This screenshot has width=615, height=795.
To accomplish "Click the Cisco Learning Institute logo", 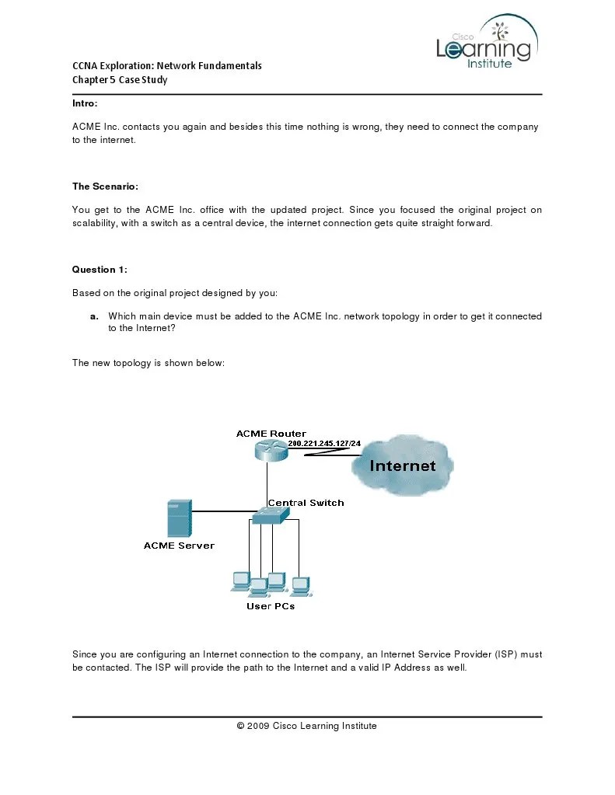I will pos(486,45).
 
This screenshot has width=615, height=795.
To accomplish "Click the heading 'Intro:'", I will pos(85,103).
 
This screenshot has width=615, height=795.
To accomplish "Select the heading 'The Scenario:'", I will pos(105,187).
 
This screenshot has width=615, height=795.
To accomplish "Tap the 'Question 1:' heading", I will pos(100,270).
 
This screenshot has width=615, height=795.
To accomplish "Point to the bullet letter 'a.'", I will pos(94,316).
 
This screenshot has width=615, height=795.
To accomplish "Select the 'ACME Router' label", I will pos(271,434).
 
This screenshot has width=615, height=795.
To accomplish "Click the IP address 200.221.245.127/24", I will pos(324,443).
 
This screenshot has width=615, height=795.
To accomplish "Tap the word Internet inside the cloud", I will pos(402,466).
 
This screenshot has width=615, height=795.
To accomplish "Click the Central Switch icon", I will pos(271,516).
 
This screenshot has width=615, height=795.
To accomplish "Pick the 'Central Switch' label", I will pos(306,503).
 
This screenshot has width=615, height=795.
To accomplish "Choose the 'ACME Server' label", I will pos(179,546).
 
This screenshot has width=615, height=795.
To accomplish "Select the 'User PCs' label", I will pos(271,606).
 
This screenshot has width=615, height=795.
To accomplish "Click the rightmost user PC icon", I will pos(300,585).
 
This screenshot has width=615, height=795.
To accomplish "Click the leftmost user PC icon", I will pos(240,581).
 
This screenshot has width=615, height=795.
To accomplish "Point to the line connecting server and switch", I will pos(222,511).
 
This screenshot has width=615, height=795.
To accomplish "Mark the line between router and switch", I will pos(267,482).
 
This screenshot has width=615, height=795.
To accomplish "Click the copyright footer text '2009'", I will pos(258,726).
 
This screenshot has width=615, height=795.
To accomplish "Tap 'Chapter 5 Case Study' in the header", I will pos(120,79).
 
